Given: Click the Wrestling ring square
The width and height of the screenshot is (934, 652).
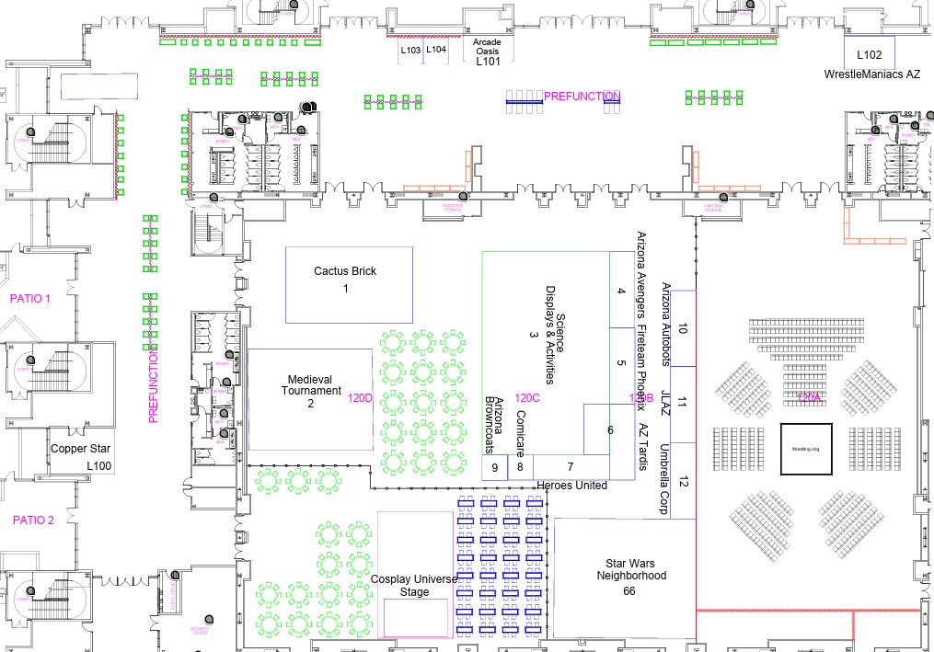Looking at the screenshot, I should pos(807,449).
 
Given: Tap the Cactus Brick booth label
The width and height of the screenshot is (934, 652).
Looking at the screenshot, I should pos(345,271).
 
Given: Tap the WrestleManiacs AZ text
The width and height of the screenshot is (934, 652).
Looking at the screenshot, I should pos(872,74).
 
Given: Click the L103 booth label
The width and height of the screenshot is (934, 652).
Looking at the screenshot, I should pos(411,50).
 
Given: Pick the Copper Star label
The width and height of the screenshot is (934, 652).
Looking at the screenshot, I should pos(81,449).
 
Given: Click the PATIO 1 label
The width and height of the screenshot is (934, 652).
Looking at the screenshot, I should pos(30,299).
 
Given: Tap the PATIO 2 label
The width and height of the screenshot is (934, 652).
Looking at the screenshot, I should pos(33,520).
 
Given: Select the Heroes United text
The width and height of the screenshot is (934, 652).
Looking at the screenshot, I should pos(571,485).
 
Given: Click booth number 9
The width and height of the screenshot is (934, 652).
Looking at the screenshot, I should pos(495,467).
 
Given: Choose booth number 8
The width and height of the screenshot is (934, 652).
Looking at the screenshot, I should pos(520,467).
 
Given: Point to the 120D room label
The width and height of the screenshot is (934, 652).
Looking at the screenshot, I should pos(359,399).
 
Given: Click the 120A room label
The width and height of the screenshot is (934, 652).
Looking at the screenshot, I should pos(810,397).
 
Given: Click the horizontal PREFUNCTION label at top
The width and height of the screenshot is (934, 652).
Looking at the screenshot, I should pos(582,97).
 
